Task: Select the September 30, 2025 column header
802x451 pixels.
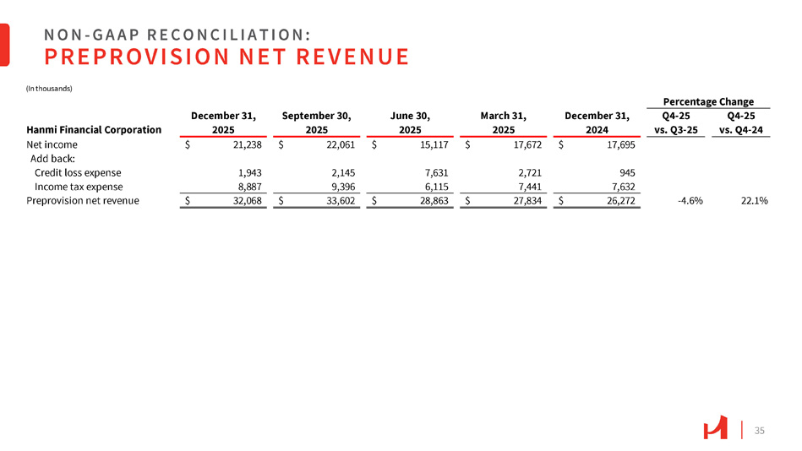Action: point(316,122)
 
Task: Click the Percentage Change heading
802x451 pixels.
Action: point(709,101)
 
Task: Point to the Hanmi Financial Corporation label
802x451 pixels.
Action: point(94,129)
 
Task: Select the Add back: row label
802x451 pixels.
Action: point(53,159)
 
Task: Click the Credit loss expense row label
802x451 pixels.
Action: point(78,172)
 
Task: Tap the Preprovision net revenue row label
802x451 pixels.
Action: point(83,201)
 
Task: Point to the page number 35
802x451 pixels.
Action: point(759,431)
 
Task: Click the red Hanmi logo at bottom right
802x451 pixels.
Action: point(715,430)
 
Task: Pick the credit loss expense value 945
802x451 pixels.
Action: point(625,172)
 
